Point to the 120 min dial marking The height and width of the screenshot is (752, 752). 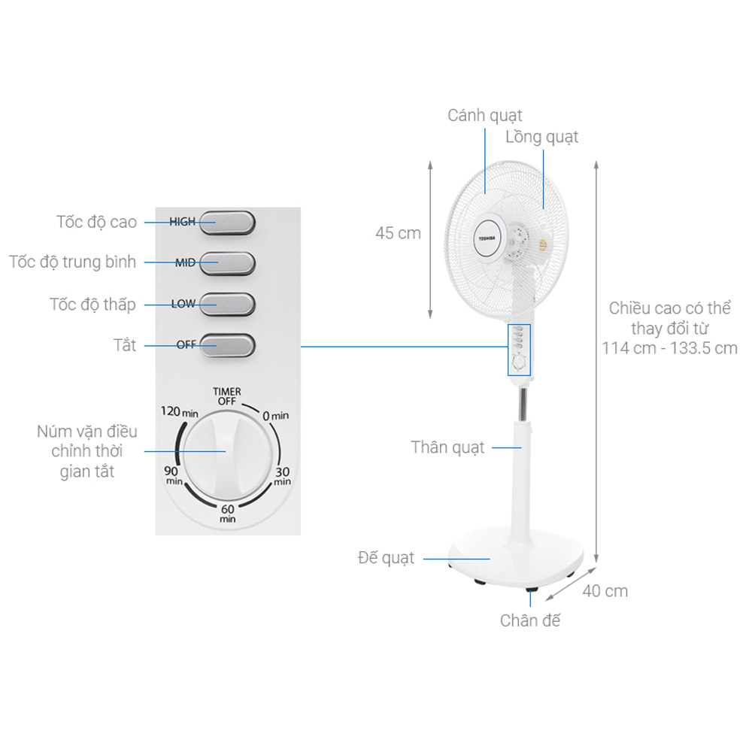(179, 412)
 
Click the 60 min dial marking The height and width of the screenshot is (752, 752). (227, 514)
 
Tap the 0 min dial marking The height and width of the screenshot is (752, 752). (275, 415)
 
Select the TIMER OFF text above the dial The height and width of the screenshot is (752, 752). (227, 396)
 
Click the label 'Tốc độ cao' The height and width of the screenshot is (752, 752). (96, 222)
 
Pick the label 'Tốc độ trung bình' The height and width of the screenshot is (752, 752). (72, 262)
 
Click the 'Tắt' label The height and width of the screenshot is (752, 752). (125, 345)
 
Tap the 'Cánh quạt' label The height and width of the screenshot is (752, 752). (484, 115)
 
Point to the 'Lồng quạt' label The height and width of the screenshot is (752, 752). (541, 137)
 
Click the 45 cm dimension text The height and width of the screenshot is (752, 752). (398, 233)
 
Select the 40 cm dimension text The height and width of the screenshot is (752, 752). (605, 591)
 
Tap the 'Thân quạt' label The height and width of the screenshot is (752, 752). (447, 447)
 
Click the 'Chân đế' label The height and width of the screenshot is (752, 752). (530, 620)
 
